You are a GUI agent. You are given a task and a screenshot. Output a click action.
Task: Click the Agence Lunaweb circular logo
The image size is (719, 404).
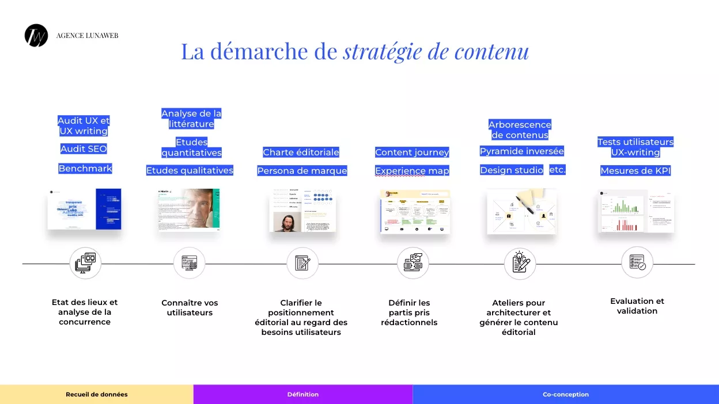(x=36, y=36)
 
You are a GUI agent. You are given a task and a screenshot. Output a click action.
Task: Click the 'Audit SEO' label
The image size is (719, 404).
(x=84, y=149)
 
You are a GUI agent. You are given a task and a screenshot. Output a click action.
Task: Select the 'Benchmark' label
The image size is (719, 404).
(x=85, y=169)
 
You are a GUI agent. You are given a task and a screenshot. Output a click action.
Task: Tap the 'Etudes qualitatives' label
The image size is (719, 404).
(x=190, y=170)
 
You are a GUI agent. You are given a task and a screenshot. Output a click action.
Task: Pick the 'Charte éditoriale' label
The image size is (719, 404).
(x=301, y=153)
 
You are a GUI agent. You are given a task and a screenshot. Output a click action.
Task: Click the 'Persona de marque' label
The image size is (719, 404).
(x=302, y=171)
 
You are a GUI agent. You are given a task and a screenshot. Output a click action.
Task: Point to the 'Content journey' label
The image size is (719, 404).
(x=412, y=153)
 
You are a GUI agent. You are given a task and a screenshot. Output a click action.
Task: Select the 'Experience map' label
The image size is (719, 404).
(x=412, y=171)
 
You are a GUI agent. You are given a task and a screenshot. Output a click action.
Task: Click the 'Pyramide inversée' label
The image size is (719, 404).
(x=521, y=151)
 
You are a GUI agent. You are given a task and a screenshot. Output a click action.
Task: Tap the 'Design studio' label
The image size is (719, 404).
(x=512, y=170)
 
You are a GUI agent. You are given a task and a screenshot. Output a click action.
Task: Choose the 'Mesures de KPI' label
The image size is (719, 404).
(x=635, y=171)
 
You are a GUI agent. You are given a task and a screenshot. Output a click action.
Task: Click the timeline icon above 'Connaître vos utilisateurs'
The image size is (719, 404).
(x=190, y=263)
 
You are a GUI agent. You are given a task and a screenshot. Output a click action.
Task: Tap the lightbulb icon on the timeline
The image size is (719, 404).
(x=520, y=264)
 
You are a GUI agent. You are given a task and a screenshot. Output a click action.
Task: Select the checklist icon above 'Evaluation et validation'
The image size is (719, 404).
(x=637, y=263)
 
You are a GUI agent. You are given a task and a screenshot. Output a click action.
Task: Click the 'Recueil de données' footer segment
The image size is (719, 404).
(x=97, y=394)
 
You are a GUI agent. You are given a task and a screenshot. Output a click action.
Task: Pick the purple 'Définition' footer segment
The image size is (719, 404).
(x=303, y=394)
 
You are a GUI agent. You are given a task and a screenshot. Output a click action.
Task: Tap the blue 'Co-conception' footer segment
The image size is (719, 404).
(x=566, y=394)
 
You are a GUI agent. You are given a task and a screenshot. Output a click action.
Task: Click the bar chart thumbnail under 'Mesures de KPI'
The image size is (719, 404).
(x=636, y=211)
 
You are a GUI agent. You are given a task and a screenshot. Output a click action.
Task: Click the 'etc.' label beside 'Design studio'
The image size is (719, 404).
(x=557, y=170)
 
